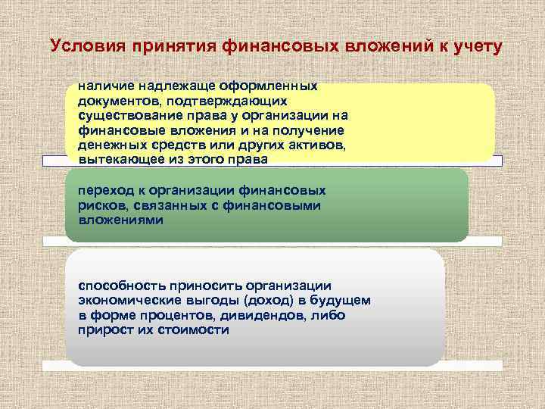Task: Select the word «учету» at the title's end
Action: point(474,46)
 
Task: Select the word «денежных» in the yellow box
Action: point(109,144)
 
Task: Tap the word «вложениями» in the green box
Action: point(114,219)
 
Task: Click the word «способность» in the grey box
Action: point(120,286)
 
